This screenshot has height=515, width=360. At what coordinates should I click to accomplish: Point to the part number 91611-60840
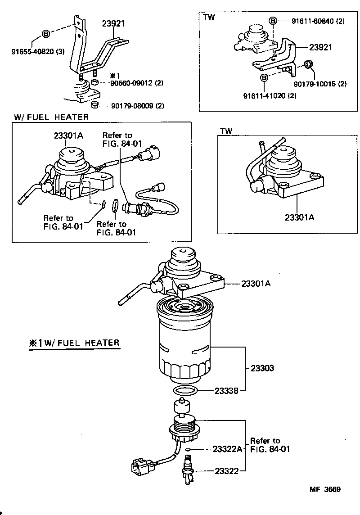(x=313, y=21)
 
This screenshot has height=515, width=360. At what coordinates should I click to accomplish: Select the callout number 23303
(x=260, y=368)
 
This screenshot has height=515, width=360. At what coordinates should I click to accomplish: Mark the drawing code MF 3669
(x=324, y=490)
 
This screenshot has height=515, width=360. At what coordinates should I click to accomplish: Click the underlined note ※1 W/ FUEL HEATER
(x=74, y=343)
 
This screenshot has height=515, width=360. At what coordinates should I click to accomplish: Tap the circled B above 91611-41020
(x=265, y=78)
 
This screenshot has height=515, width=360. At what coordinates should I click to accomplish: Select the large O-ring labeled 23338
(x=185, y=390)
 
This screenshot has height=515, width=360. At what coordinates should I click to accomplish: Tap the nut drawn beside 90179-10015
(x=308, y=63)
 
